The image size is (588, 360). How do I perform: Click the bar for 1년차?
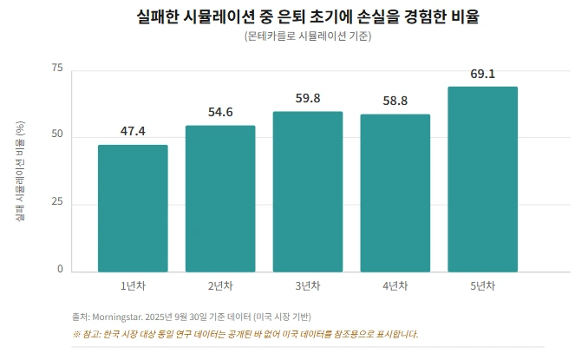click(133, 208)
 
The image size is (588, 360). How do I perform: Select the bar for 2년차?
click(220, 199)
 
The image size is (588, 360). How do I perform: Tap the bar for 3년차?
click(307, 192)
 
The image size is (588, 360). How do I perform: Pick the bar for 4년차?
click(395, 193)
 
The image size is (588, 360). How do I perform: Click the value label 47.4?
click(133, 132)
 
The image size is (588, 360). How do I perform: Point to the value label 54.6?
click(220, 113)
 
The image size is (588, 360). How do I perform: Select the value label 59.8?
click(307, 99)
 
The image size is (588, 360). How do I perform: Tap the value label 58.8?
click(395, 101)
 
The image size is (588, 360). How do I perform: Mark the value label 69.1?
click(482, 74)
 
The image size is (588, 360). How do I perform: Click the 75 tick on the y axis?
click(58, 69)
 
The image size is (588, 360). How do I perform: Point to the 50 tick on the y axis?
click(58, 136)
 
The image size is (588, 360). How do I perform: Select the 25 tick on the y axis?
click(58, 203)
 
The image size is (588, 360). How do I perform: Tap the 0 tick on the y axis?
click(61, 270)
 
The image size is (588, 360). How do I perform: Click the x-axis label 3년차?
click(307, 286)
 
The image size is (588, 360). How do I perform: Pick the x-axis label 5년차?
click(482, 286)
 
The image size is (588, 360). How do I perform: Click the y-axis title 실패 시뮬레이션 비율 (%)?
click(20, 170)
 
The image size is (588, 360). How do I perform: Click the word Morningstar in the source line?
click(119, 317)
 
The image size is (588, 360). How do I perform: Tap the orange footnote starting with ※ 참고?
click(245, 334)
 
